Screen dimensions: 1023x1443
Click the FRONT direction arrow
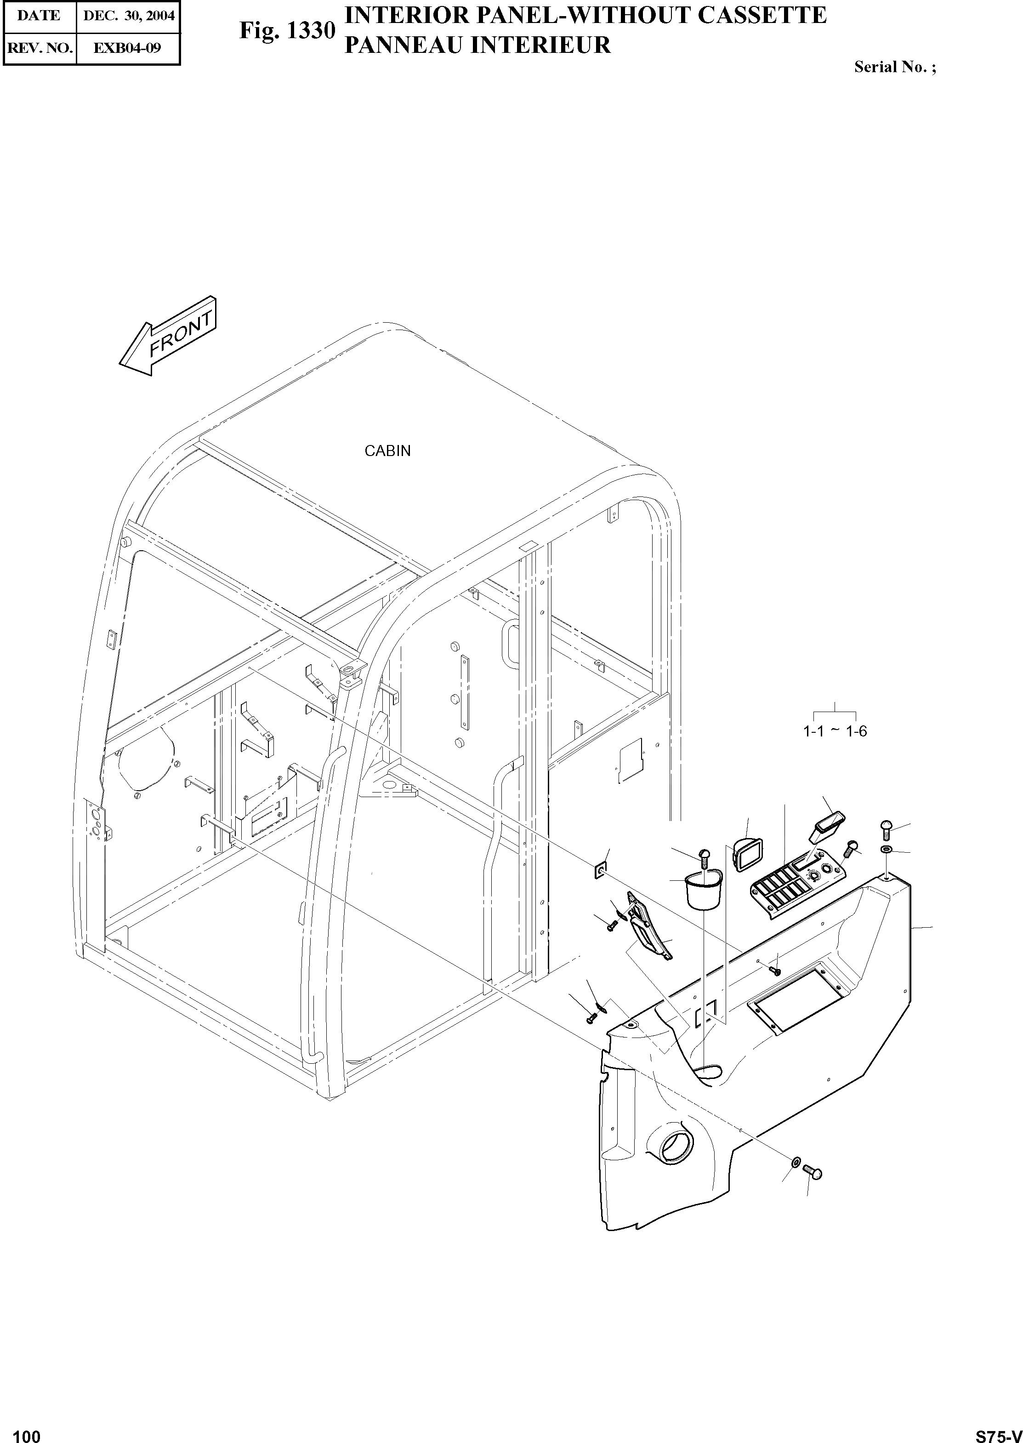[x=168, y=337]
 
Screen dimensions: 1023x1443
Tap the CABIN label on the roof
[x=387, y=451]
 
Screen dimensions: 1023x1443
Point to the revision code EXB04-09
[x=127, y=48]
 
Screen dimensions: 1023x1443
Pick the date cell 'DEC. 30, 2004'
[x=128, y=16]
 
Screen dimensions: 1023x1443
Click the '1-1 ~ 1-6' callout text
[x=835, y=731]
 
